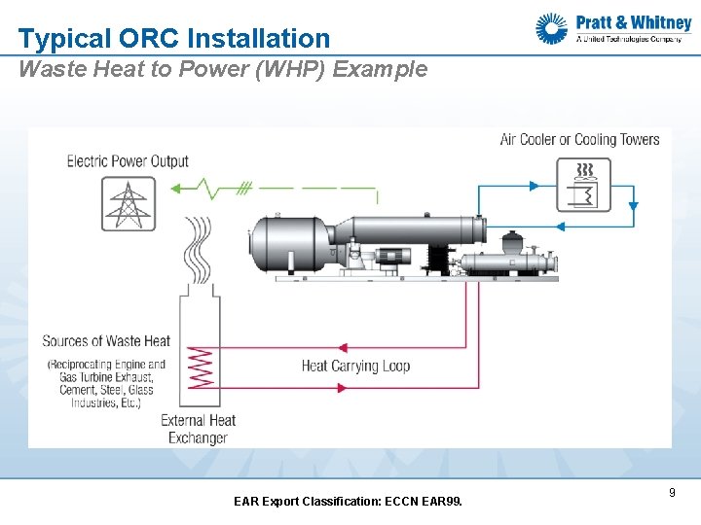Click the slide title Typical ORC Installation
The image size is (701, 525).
coord(174,39)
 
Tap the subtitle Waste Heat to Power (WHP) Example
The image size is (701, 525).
coord(223,69)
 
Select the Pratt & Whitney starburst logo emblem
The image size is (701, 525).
coord(552,29)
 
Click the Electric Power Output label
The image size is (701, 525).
coord(128,161)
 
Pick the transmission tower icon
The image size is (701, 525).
coord(129,204)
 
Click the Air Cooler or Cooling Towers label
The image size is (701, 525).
coord(579,139)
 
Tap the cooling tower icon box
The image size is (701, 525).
coord(583,185)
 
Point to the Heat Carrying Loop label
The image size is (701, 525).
coord(355,367)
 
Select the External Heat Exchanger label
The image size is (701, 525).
coord(198,429)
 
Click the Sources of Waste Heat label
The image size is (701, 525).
coord(106,341)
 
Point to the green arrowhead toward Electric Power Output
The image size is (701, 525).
coord(175,188)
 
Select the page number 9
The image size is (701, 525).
coord(672,493)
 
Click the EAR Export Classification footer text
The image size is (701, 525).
coord(349,502)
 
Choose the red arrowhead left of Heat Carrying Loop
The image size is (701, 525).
coord(342,348)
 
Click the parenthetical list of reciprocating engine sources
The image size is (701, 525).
coord(105,383)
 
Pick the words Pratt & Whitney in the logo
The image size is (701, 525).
coord(633,22)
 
